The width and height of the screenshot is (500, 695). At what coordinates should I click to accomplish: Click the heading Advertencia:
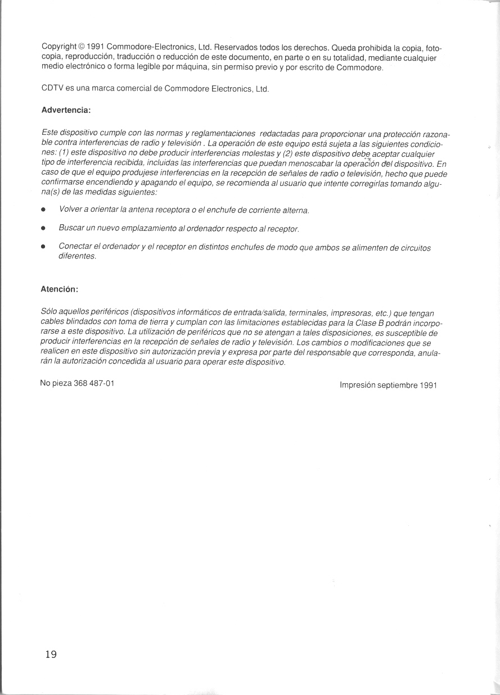click(x=66, y=110)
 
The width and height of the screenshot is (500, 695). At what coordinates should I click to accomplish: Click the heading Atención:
click(x=59, y=290)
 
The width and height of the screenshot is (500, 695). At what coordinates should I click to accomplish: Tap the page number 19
click(x=51, y=654)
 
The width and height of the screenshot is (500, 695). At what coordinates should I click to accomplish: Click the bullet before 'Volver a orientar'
click(x=44, y=211)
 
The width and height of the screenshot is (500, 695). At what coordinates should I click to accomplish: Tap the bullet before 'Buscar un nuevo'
click(x=44, y=229)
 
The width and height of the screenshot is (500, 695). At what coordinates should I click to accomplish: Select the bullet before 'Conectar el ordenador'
click(x=44, y=248)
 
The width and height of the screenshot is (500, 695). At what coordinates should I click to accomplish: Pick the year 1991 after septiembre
click(x=427, y=385)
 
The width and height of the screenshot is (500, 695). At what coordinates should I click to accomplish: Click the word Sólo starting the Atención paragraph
click(x=50, y=312)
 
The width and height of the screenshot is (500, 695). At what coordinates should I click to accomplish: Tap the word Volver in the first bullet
click(x=70, y=210)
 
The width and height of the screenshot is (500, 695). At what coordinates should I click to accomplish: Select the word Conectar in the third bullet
click(x=75, y=248)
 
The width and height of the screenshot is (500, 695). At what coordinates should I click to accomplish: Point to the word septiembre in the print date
click(x=398, y=385)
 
